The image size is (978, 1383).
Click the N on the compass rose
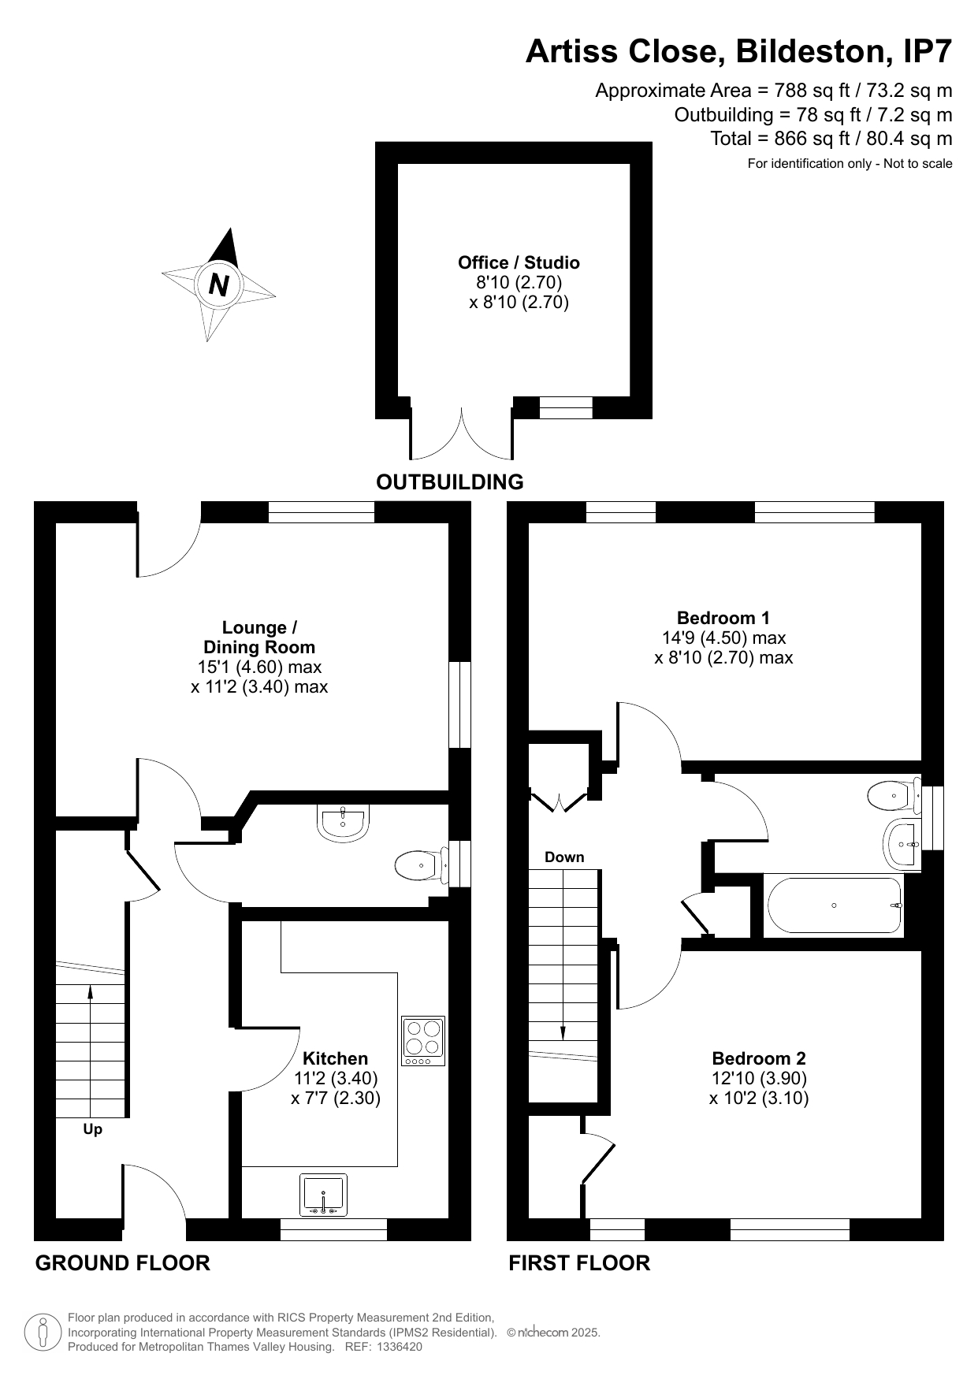(219, 284)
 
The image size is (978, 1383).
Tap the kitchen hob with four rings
(423, 1041)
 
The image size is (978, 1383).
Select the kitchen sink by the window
(323, 1195)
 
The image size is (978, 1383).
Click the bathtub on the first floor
(835, 905)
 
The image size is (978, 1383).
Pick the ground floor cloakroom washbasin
(343, 821)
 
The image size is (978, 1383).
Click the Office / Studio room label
(519, 262)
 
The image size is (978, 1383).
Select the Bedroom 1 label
(723, 618)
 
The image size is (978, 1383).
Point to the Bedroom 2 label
(759, 1058)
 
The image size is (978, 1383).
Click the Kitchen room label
(336, 1058)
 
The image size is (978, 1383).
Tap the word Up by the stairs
(93, 1130)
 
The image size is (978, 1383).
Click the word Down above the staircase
(564, 857)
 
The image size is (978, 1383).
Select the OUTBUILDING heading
(450, 481)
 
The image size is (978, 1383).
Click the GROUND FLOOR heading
(123, 1263)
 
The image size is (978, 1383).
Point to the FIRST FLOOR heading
(579, 1263)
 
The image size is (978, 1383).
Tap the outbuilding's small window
(566, 407)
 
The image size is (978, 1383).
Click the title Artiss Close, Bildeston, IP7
(739, 52)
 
